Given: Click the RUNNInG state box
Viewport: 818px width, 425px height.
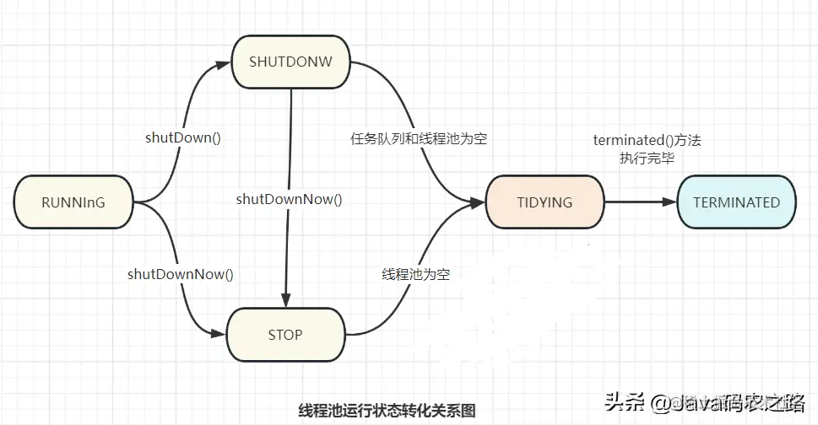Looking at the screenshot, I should (x=74, y=202).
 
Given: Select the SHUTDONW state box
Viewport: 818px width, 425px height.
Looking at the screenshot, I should (x=291, y=62).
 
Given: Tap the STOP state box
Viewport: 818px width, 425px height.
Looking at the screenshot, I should (x=285, y=335).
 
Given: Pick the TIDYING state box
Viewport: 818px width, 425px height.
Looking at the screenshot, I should (x=544, y=202).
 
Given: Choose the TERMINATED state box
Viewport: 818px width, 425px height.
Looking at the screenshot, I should (x=736, y=202).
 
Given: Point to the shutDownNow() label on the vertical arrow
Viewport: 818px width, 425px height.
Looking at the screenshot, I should (x=290, y=199).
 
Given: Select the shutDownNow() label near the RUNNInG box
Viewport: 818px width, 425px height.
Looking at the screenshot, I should (x=180, y=273).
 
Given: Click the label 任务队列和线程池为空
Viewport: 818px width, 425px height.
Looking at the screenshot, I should (x=419, y=138).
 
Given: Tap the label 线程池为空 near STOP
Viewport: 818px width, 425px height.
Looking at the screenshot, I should (x=415, y=274).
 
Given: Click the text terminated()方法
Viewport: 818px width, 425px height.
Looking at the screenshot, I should (x=647, y=141).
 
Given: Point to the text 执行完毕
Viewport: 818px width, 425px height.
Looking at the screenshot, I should (x=647, y=157).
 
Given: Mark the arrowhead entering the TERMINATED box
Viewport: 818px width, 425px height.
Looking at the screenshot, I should (x=671, y=202).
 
